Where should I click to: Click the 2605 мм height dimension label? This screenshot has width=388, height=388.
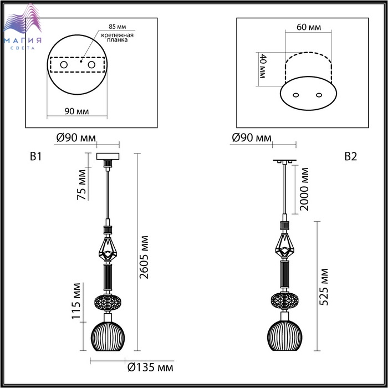(x=144, y=257)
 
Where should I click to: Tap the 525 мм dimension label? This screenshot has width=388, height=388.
(x=323, y=287)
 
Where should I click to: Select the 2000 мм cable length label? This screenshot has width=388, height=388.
(x=304, y=190)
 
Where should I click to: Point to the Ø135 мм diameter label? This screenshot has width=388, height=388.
(x=150, y=367)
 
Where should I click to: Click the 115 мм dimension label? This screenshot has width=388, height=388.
(x=76, y=301)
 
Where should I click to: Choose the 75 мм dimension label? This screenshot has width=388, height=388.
(x=81, y=185)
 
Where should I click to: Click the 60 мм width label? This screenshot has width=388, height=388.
(x=309, y=27)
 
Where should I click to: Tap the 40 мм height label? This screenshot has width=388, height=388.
(x=262, y=66)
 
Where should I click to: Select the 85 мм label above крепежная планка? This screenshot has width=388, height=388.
(x=117, y=27)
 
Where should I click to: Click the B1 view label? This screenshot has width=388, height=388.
(x=36, y=157)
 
